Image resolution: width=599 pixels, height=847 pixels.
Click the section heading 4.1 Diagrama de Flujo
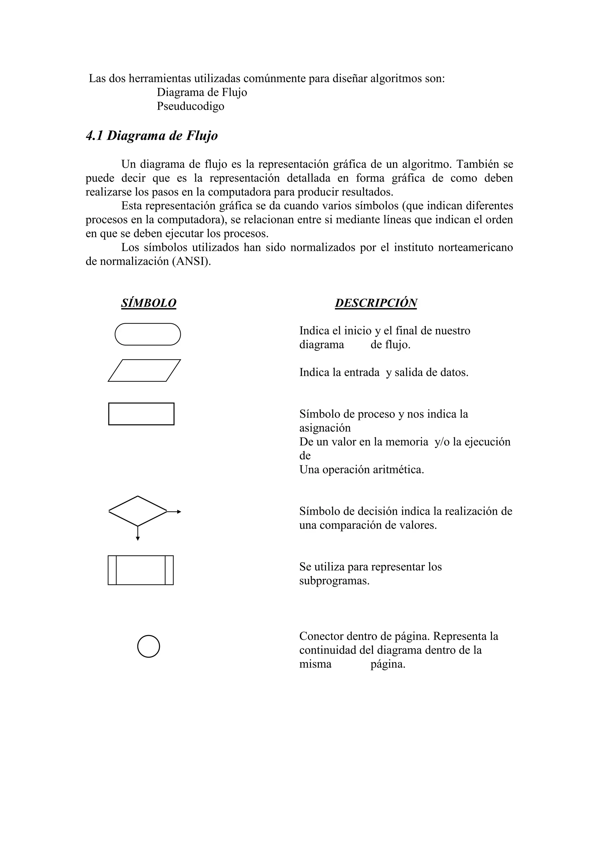[152, 136]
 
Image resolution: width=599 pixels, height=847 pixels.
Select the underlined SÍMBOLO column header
[149, 303]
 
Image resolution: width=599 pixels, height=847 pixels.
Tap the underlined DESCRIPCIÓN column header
[376, 303]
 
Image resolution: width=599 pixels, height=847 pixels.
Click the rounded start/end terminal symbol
[148, 334]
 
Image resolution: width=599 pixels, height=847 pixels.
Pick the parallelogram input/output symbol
[144, 370]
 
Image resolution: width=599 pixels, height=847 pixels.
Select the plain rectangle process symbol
[141, 414]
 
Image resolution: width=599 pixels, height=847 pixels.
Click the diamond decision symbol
[137, 511]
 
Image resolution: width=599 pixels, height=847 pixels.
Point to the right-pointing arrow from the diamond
[175, 512]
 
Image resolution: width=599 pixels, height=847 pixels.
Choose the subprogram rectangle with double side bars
[140, 570]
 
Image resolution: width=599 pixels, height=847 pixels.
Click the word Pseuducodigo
[190, 106]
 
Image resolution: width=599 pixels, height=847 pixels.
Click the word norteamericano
[476, 247]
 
